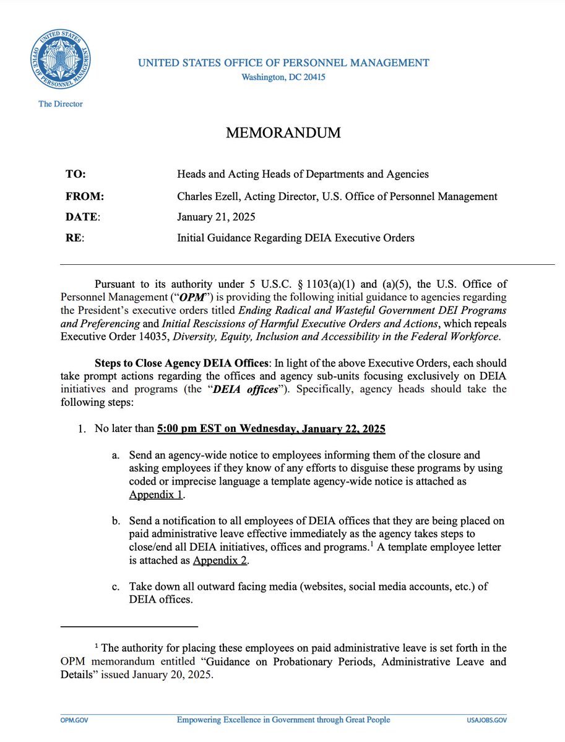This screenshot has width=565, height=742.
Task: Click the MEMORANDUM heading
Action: (x=283, y=133)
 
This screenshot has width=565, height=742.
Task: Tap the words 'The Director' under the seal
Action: (x=61, y=104)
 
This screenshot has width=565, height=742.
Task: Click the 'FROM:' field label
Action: (x=84, y=197)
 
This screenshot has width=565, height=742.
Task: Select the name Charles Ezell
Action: (x=207, y=197)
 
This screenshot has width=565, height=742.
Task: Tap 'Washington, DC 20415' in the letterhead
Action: (x=283, y=77)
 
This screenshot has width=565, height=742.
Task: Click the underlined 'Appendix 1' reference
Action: (x=157, y=495)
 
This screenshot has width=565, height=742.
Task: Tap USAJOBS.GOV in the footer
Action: (x=487, y=720)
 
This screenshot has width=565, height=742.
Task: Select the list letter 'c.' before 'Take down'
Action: (x=116, y=586)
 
